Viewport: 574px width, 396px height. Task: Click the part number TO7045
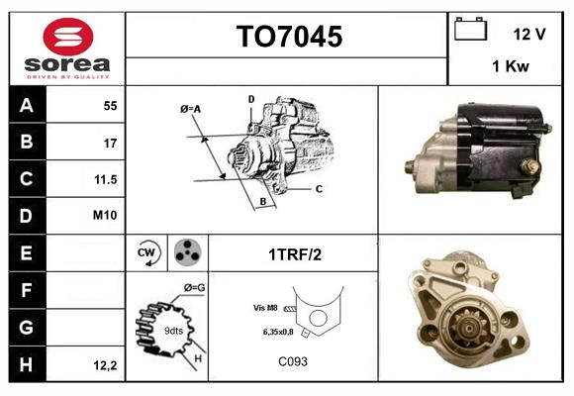coord(288,38)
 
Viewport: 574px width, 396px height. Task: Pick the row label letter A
coord(27,106)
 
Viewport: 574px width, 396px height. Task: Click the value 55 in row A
coord(110,106)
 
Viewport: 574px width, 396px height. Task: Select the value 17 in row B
coord(111,143)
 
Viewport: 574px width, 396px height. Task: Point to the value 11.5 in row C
coord(105,179)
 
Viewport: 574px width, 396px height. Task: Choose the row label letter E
coord(27,252)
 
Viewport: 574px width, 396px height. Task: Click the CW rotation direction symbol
coord(147,252)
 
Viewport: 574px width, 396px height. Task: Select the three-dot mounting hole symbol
coord(186,252)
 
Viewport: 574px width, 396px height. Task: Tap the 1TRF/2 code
coord(293,253)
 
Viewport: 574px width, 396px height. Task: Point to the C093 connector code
coord(293,361)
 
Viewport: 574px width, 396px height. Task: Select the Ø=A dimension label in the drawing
coord(190,108)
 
